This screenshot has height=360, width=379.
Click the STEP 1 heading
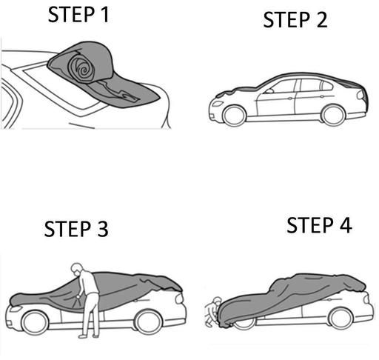78,15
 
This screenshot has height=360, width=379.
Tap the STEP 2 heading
295,20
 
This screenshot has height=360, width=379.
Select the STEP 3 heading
76,229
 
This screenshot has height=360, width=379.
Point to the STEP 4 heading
319,225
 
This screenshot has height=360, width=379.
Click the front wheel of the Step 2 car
234,116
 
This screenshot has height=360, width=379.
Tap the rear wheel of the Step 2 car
333,116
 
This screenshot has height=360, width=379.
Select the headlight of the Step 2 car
218,103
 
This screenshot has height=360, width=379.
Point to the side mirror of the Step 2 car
269,91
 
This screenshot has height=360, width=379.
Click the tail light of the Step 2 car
361,95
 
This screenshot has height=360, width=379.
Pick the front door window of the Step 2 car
282,87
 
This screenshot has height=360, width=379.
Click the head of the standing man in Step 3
77,270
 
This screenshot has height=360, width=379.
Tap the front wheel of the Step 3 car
35,323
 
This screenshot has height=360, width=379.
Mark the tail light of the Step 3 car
179,299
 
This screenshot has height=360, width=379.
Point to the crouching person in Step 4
212,312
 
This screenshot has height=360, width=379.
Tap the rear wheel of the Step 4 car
341,319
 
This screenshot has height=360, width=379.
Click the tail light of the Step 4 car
366,298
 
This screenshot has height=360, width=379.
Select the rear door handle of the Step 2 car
321,96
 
